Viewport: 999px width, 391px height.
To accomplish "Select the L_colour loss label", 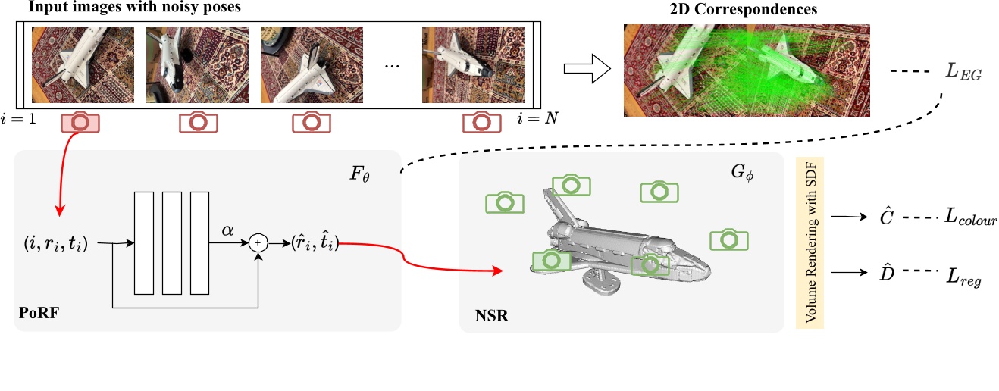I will pos(969,218).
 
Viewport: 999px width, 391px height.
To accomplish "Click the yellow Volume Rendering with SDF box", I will pos(810,242).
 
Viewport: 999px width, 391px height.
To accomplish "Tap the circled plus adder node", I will pos(259,242).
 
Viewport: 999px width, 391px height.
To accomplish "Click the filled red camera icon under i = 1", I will pos(81,122).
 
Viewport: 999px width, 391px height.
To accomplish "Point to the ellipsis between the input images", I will pos(391,67).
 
